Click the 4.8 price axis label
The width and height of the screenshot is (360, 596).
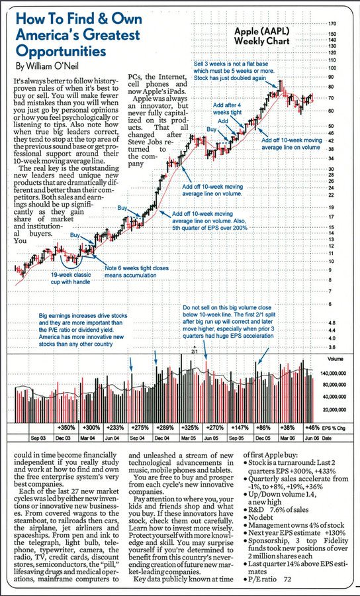[332, 323]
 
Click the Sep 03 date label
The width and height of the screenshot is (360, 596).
[38, 438]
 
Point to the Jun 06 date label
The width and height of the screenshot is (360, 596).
[313, 438]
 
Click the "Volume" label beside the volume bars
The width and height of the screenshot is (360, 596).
[336, 360]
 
